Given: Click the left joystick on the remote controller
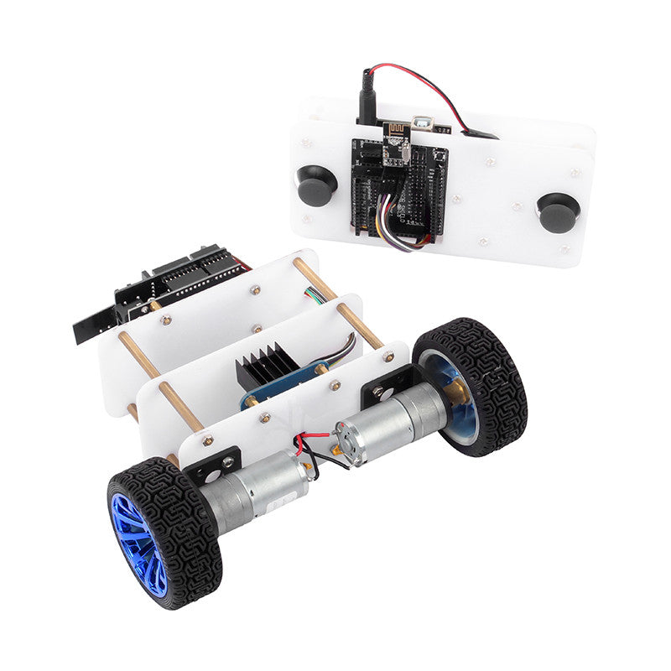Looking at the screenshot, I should (316, 185).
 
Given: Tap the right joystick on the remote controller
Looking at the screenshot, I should (558, 212).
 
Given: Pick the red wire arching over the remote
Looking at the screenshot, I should (419, 80).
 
